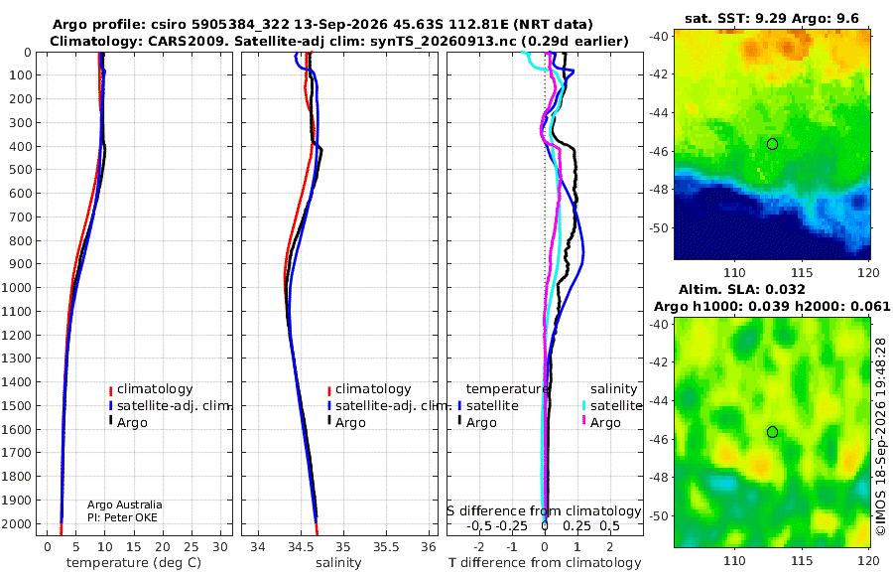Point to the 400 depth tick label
22,147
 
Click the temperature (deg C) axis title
134,563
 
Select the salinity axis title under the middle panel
338,563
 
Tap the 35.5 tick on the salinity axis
386,547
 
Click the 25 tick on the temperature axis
191,547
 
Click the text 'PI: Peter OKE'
122,517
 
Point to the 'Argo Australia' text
125,504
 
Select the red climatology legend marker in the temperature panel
110,390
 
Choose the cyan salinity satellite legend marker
583,406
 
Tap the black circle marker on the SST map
772,144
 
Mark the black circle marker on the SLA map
772,432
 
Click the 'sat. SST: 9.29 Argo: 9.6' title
772,18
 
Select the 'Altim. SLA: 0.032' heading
741,289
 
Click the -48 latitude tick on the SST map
659,190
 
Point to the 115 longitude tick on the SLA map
802,560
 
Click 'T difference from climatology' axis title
545,563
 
